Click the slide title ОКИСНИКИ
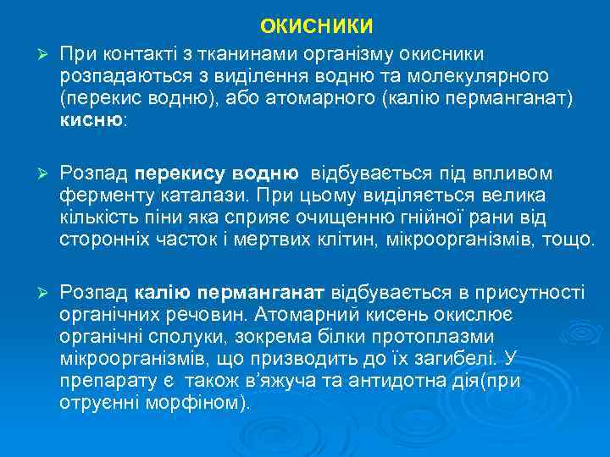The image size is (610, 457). pyautogui.click(x=316, y=27)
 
